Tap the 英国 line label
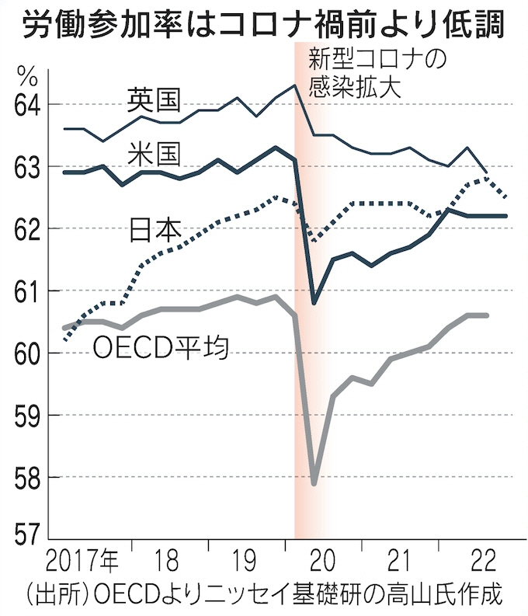click(x=154, y=99)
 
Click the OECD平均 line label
click(x=159, y=347)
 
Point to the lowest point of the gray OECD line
click(x=314, y=483)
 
